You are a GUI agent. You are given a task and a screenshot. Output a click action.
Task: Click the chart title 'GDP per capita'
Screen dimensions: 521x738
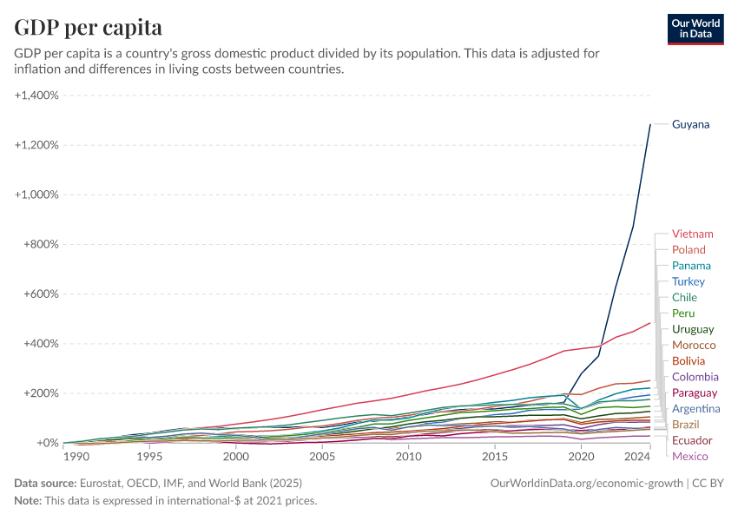coord(89,27)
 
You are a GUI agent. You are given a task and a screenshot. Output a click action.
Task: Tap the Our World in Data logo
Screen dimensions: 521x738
coord(695,29)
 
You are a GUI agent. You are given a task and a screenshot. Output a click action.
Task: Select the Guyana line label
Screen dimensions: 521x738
coord(690,124)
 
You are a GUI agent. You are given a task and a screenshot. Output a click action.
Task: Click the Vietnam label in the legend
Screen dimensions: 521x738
coord(692,234)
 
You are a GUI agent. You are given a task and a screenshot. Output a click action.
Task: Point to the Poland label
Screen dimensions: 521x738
coord(689,250)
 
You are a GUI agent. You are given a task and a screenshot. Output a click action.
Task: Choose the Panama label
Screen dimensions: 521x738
coord(691,266)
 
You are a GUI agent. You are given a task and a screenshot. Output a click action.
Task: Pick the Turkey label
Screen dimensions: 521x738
coord(689,281)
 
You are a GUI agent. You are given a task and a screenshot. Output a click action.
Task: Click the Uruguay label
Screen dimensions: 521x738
coord(693,329)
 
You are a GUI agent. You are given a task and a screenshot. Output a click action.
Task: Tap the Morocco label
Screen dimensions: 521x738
coord(694,345)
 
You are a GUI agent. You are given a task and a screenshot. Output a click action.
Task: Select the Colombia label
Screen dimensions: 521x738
coord(695,377)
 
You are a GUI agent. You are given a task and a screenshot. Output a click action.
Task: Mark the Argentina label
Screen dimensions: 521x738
coord(695,408)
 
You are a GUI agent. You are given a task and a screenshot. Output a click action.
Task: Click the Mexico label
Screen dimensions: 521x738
coord(690,457)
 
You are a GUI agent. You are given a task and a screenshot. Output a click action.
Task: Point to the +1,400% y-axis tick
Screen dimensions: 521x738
coord(36,95)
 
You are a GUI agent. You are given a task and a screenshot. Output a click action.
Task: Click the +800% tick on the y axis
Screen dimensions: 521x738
coord(40,244)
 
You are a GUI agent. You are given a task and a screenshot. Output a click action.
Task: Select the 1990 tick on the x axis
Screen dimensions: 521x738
coord(76,457)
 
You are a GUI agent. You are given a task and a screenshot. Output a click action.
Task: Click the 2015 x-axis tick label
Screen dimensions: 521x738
coord(494,457)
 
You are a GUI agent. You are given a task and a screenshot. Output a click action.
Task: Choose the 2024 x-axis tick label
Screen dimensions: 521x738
coord(637,457)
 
